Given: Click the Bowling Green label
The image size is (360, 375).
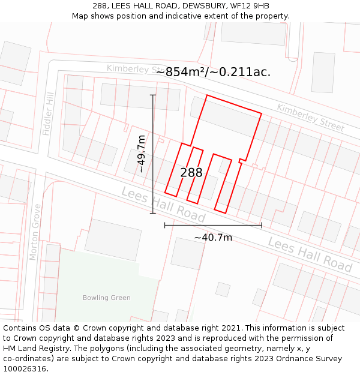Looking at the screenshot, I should [106, 298].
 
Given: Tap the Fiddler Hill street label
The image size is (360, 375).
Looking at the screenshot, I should [48, 114].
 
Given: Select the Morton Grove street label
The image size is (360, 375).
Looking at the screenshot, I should [35, 232].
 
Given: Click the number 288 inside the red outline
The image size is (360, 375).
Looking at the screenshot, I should [191, 173].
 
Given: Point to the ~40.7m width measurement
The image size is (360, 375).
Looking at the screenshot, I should [213, 238].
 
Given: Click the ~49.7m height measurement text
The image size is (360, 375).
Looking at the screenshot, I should [142, 154].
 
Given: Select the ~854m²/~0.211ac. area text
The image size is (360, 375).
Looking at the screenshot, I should [213, 72].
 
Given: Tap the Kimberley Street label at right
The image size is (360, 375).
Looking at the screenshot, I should [310, 118].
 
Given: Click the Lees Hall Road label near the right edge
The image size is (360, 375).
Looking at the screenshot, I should [310, 254].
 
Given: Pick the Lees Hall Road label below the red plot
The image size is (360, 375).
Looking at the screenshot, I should [163, 205].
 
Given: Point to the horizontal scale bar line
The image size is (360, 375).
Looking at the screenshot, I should [213, 226].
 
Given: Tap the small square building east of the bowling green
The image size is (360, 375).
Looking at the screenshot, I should [223, 290].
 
